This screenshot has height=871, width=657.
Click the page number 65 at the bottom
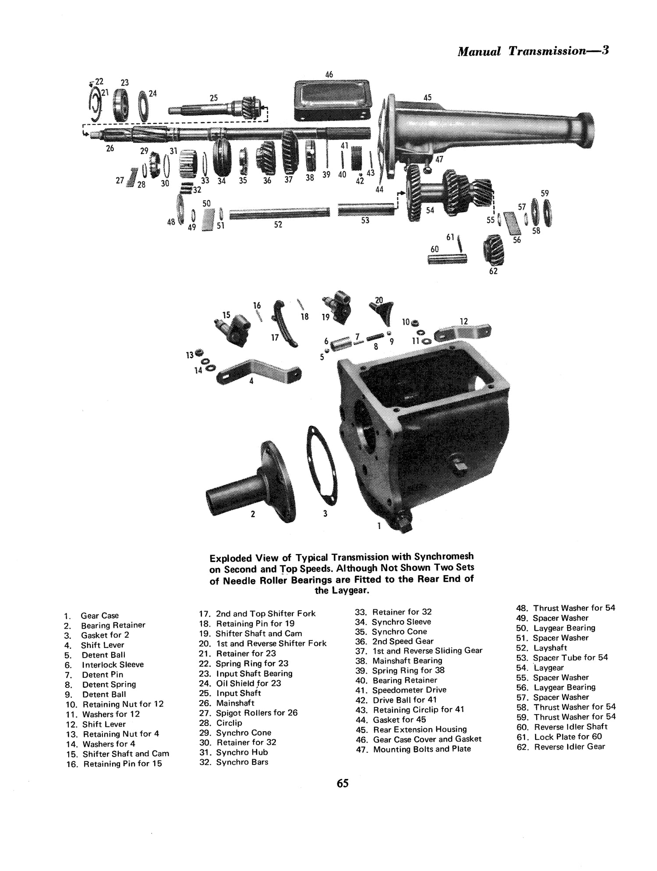tap(343, 795)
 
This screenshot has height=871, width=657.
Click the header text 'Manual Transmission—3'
tap(533, 51)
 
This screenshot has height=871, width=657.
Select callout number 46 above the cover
tap(329, 75)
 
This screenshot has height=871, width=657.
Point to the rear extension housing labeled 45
tap(482, 127)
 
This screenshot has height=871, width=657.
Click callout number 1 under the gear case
tap(379, 526)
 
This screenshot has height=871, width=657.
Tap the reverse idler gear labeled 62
tap(495, 249)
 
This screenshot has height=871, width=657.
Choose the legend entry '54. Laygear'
tap(548, 668)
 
